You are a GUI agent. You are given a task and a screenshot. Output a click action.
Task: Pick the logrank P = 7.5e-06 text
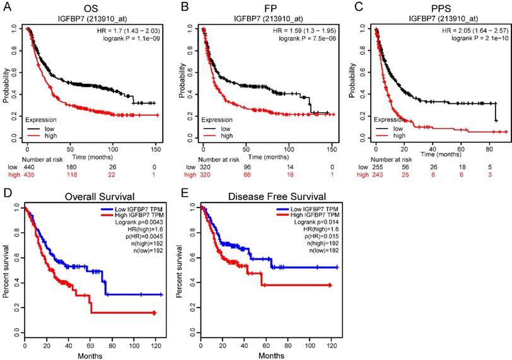pos(302,39)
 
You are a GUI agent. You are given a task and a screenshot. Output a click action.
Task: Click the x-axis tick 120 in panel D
pos(155,345)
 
